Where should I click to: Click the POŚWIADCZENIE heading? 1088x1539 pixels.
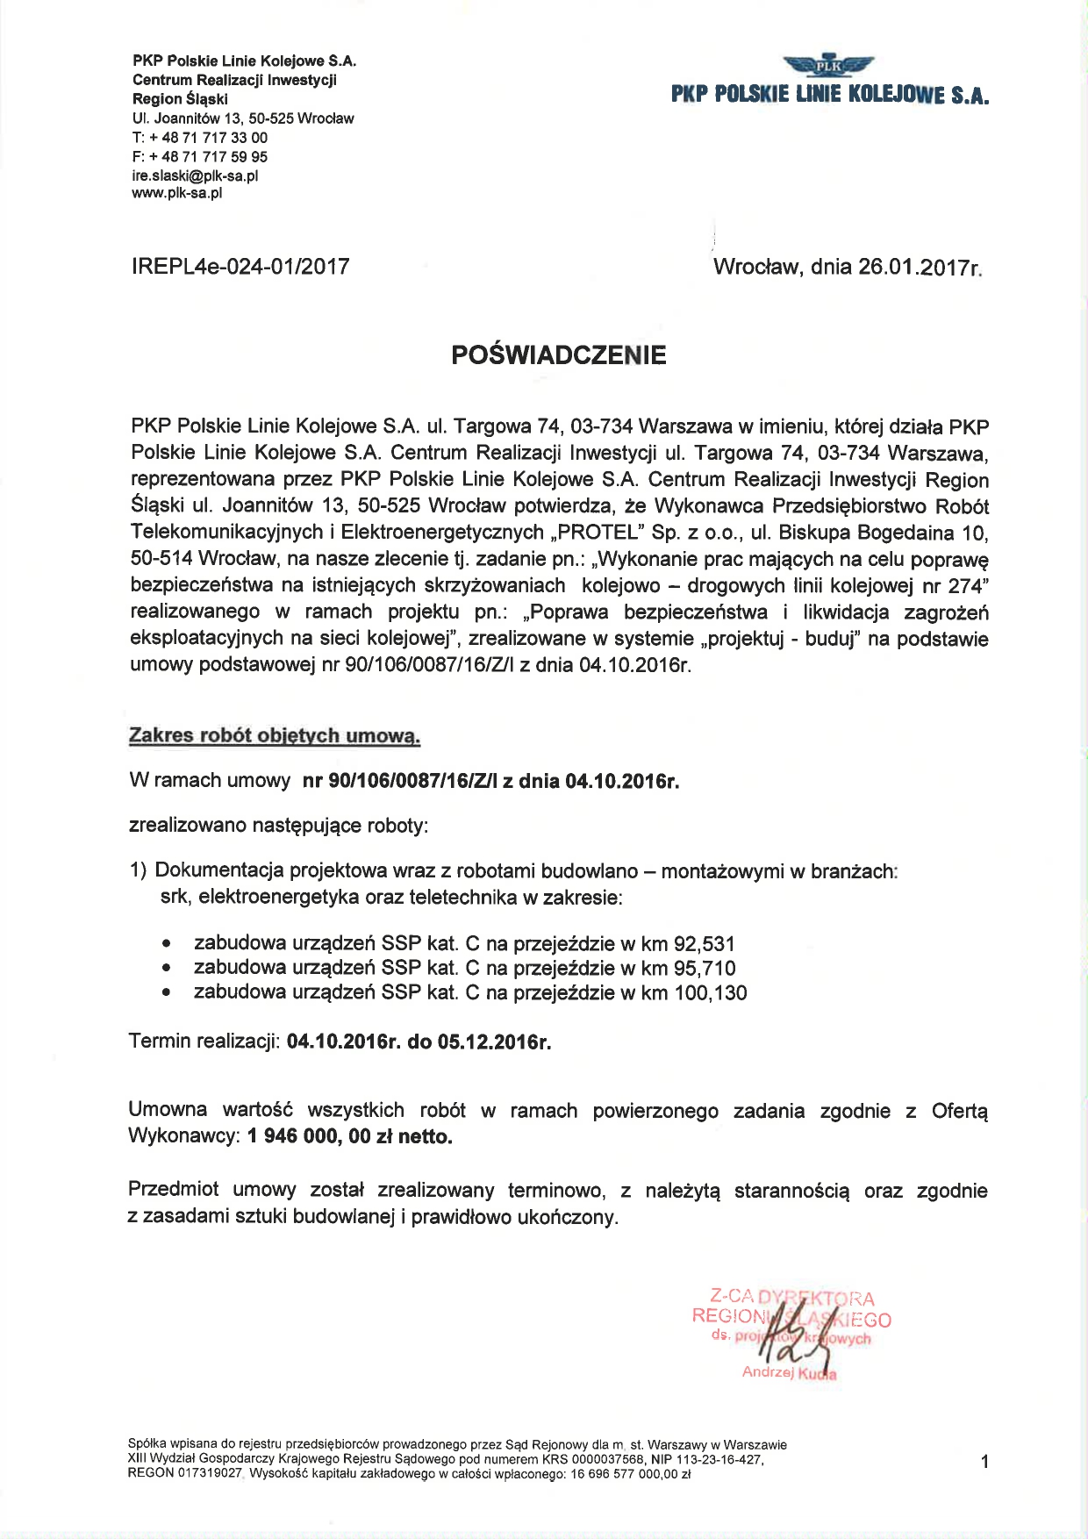coord(559,355)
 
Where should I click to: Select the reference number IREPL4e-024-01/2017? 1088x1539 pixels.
coord(240,267)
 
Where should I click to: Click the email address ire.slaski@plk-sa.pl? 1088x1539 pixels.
coord(195,175)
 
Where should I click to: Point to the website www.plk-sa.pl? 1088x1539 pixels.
coord(176,193)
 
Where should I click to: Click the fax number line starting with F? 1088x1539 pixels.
coord(200,157)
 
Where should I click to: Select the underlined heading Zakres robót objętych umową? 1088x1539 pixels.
coord(275,736)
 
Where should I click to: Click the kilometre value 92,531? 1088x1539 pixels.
coord(704,944)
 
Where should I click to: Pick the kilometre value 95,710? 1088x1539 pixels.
coord(705,969)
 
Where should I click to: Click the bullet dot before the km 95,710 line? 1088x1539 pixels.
coord(167,969)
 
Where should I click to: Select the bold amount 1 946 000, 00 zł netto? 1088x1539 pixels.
coord(350,1137)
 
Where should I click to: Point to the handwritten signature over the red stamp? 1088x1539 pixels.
coord(794,1338)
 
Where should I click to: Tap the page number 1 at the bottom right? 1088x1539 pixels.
coord(984,1462)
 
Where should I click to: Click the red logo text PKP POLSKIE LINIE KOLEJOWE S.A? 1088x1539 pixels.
coord(830,95)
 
